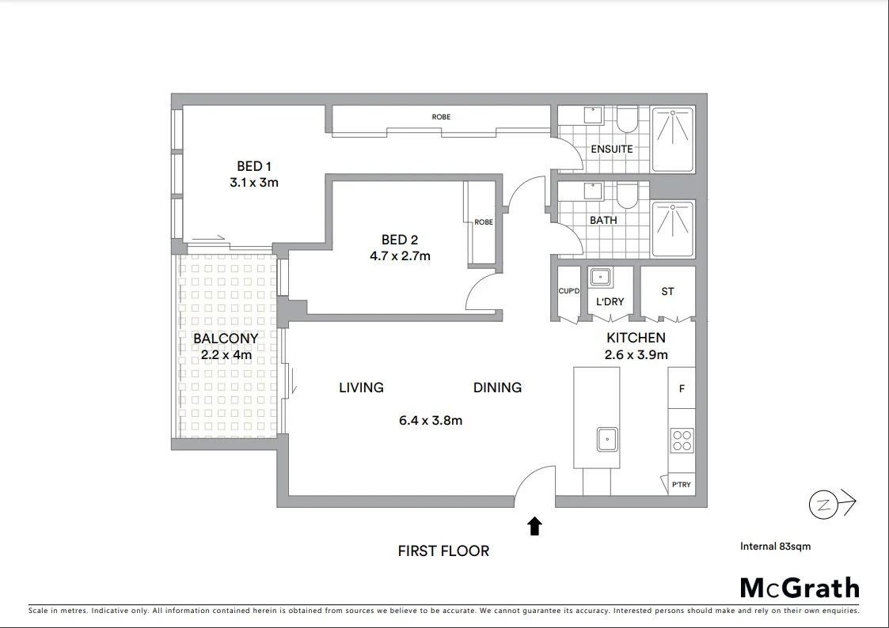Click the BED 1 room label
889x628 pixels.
tap(254, 166)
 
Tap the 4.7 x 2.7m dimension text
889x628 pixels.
tap(399, 255)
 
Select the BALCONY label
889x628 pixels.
tap(226, 339)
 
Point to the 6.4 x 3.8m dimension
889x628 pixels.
tap(431, 420)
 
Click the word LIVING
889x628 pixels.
tap(361, 388)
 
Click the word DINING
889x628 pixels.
tap(497, 388)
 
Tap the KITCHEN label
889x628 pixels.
tap(635, 338)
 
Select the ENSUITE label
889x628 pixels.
tap(612, 149)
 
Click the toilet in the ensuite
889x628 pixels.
tap(627, 119)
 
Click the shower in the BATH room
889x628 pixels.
tap(672, 229)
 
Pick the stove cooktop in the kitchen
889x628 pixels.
tap(682, 440)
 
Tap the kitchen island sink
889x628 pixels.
tap(607, 438)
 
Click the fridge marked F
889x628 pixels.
tap(682, 389)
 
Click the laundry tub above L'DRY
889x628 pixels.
tap(598, 277)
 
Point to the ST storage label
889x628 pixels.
tap(667, 291)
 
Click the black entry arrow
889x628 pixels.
tap(535, 526)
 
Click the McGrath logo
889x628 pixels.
tap(799, 588)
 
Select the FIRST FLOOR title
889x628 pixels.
tap(443, 550)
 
